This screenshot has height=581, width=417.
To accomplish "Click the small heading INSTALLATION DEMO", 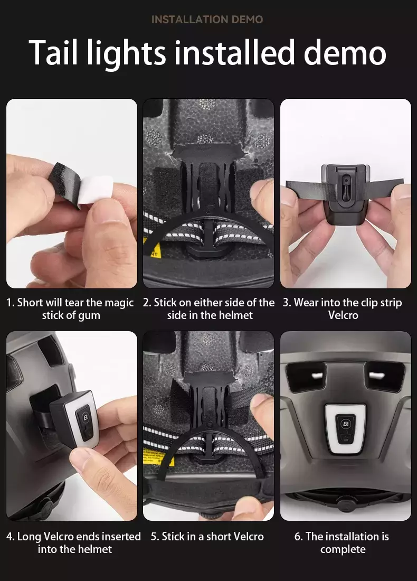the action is click(x=207, y=20).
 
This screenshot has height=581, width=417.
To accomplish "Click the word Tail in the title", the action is click(x=54, y=53).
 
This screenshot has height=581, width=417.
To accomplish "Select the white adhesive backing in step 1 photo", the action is click(x=96, y=189).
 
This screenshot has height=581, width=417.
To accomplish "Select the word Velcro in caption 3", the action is click(x=343, y=315).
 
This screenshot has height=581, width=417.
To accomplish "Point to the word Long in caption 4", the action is click(x=29, y=537).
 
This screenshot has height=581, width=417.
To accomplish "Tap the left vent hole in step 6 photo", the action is click(x=306, y=377).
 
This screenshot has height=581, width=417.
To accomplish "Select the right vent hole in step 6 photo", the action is click(x=384, y=376).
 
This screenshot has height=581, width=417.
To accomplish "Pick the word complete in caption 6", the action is click(x=343, y=549).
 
